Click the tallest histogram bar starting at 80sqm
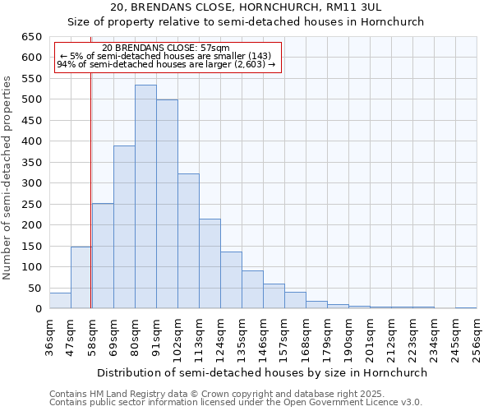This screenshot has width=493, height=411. coord(145,197)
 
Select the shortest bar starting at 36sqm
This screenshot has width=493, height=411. coord(60,301)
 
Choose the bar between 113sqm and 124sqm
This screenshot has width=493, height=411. coord(210,264)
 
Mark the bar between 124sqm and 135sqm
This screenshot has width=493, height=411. coord(231,280)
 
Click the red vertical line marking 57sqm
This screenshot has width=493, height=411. coord(90,164)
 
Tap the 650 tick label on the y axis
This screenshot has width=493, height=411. coord(32,37)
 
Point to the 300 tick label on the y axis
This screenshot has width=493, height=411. coord(32,183)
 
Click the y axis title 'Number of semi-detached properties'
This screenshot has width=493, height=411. coord(8,178)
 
